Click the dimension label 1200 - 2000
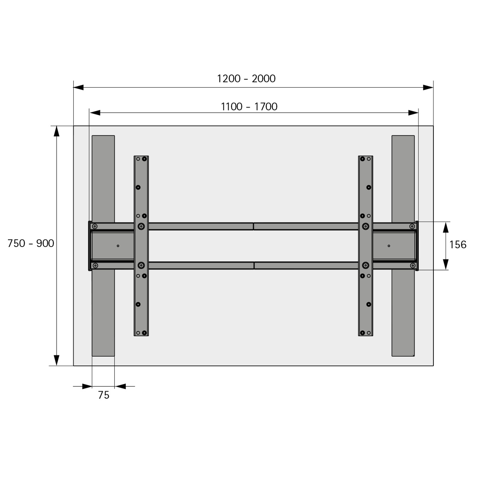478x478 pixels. point(246,78)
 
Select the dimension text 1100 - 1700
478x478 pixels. point(249,107)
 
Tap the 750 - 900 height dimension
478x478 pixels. point(31,243)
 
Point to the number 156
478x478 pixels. point(458,245)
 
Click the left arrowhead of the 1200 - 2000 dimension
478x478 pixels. point(78,87)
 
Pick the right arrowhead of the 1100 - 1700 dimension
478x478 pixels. point(413,113)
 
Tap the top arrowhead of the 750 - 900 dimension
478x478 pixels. point(57,131)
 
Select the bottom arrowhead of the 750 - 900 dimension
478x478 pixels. point(57,360)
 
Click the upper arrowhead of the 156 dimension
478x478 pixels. point(446,227)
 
